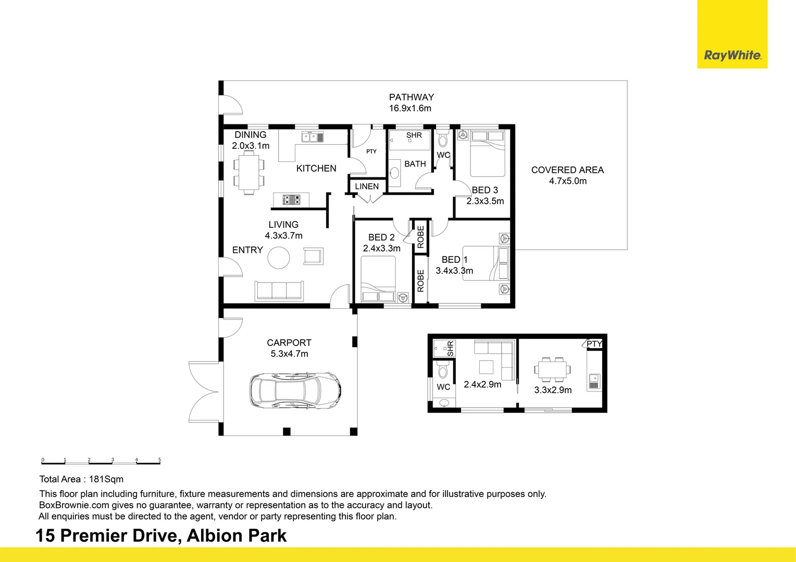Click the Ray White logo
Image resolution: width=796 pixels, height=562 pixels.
[732, 55]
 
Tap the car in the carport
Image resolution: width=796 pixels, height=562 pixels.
[295, 390]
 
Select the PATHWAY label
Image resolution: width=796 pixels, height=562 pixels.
[411, 97]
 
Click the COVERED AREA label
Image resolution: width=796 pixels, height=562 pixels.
[567, 170]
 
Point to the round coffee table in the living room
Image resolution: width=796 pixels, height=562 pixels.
[279, 258]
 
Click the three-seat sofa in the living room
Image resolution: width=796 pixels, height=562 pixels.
[279, 290]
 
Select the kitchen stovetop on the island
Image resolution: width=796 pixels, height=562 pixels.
[291, 199]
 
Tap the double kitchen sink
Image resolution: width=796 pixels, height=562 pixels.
[313, 137]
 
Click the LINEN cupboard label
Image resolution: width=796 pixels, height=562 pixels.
[367, 186]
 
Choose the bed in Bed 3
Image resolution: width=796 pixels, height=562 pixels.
[487, 154]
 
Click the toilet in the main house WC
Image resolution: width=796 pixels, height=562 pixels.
[443, 139]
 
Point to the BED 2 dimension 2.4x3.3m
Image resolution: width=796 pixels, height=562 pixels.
[382, 249]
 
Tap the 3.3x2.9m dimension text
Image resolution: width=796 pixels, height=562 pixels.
[553, 390]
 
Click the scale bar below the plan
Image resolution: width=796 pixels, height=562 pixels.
[101, 462]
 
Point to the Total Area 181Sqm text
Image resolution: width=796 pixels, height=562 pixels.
[81, 479]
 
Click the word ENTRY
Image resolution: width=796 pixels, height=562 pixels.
[247, 250]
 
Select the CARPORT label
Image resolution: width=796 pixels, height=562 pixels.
[289, 343]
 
